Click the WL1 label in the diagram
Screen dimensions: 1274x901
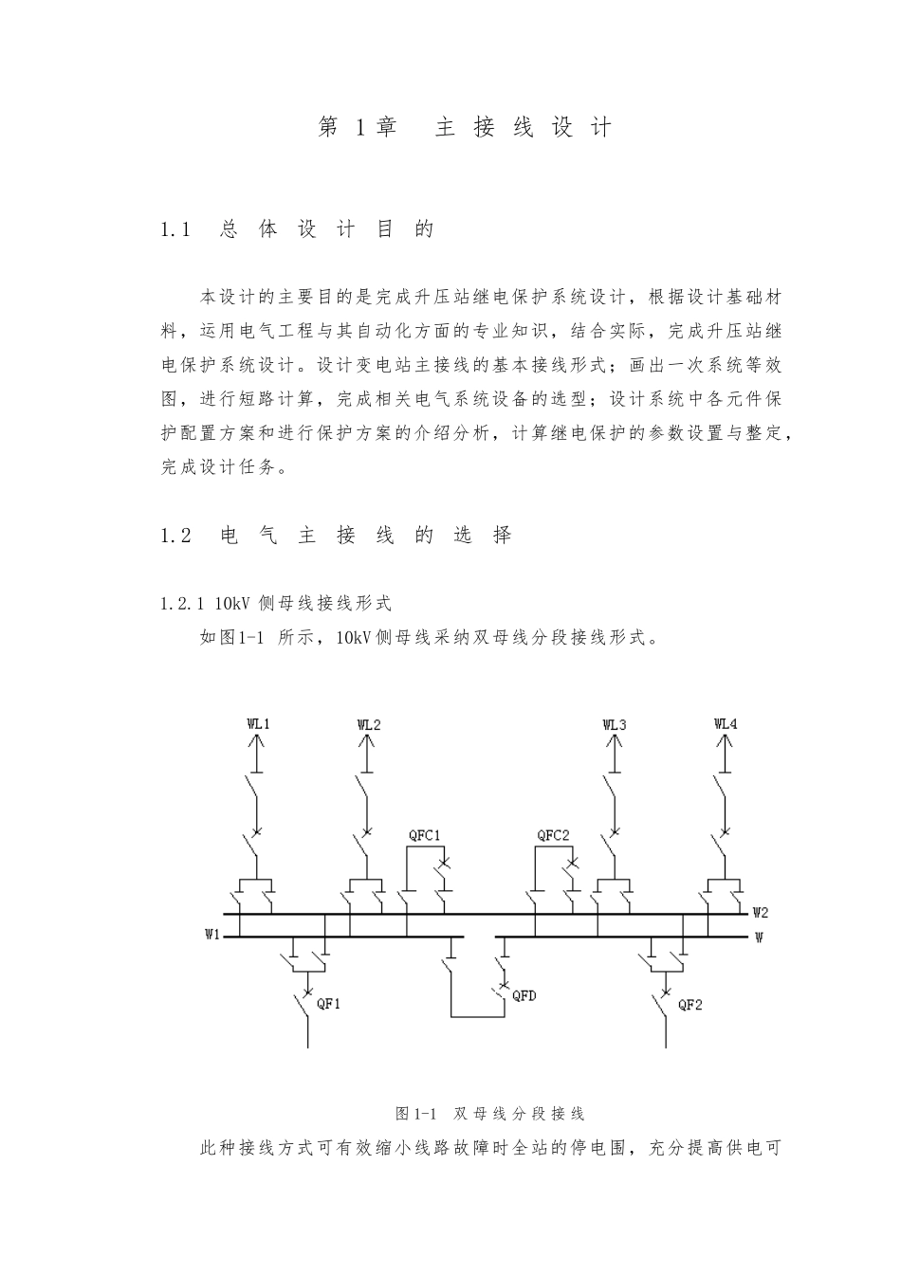[258, 724]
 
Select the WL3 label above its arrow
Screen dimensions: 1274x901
[615, 724]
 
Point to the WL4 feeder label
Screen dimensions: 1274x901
[726, 724]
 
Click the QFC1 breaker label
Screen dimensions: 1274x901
[424, 835]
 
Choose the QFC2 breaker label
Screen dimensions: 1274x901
[553, 835]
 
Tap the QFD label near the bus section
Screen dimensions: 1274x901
[524, 995]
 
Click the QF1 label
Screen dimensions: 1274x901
[328, 1004]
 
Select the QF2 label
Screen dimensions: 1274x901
[690, 1004]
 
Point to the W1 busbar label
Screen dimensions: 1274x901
[212, 935]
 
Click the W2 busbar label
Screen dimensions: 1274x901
[760, 913]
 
